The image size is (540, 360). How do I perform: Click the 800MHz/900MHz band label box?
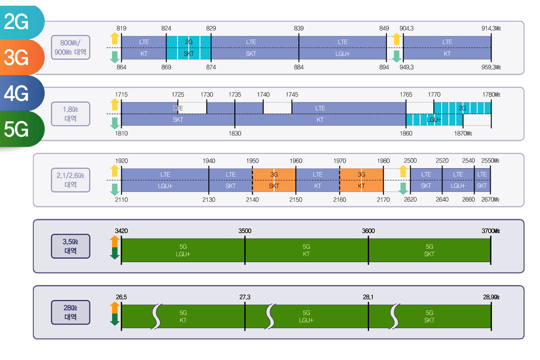coord(71,48)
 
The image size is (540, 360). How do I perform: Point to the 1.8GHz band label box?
coord(71,114)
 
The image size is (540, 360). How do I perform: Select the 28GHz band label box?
coord(71,312)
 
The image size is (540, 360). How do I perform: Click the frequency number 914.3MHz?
coord(491,29)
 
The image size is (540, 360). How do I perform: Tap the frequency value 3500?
coord(245,231)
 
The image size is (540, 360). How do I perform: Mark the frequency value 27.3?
coord(245,297)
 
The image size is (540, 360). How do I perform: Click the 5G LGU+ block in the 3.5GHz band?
coord(183,250)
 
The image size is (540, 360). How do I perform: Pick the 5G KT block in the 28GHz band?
coord(183,316)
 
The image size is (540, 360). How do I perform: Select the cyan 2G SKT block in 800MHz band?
coord(189,48)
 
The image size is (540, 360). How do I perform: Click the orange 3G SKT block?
coord(274,180)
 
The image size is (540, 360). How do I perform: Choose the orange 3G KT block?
coord(361,180)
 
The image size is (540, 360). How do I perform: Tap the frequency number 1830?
coord(235,133)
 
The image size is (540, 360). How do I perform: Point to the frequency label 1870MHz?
coord(463,133)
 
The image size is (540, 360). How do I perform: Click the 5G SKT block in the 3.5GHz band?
coord(429,250)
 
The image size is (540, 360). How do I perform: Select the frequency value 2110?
coord(121,200)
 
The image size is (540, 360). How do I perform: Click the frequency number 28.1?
coord(368,297)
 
